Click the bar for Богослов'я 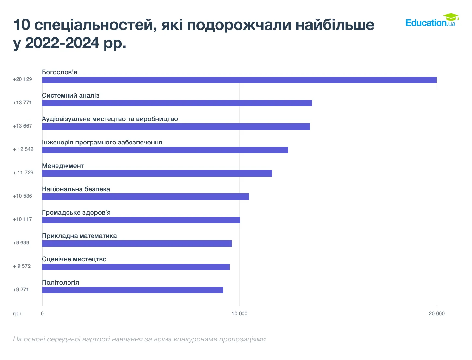239,80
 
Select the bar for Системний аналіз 177,103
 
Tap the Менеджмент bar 157,173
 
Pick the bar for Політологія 132,290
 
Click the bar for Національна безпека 145,197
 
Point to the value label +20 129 22,79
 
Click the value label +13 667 22,126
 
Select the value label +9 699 21,243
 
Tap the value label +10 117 22,219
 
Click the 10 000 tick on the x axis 239,314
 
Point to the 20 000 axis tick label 437,314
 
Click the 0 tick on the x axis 42,314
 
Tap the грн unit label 17,314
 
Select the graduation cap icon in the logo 451,17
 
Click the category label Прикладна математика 79,236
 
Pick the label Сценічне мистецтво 74,259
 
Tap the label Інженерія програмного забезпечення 102,143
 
